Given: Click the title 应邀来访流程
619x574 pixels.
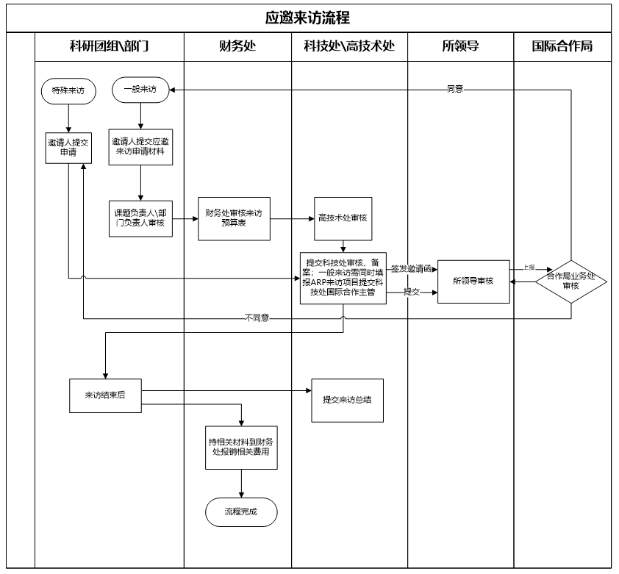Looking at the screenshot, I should pos(309,17).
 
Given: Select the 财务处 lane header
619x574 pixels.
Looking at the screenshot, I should pos(237,47).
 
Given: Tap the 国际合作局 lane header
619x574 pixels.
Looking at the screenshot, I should pos(562,47).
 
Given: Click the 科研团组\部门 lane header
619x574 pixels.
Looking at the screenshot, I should pos(109,47).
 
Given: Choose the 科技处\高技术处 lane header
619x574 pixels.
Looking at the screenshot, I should pos(349,47).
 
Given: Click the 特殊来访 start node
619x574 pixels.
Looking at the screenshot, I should pos(68,91).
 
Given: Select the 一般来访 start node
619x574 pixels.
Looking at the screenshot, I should pos(140,90).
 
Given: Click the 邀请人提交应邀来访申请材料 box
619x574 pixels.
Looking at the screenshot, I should pos(140,146).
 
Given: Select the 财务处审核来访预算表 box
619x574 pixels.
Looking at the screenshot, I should pos(233,218).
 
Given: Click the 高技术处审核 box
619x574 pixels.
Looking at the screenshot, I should pos(343,218).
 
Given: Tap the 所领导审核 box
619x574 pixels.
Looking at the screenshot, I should pos(473,281).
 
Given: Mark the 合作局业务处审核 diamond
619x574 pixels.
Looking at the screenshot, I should pos(571,281).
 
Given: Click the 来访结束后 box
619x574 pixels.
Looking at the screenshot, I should pos(105,395).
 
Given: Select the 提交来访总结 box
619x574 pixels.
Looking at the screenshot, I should pos(348,400).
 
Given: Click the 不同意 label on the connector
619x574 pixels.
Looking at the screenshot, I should pos(257,318).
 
